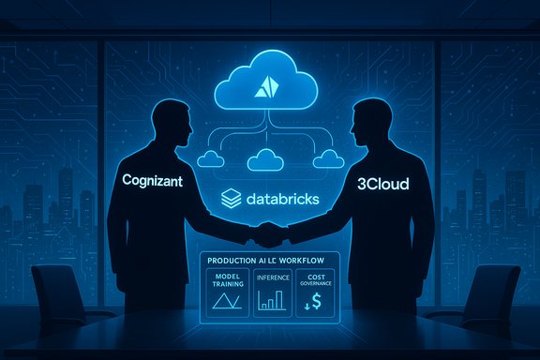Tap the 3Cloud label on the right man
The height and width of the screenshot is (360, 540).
coord(384,186)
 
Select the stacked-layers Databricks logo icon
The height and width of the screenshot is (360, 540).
coord(230,199)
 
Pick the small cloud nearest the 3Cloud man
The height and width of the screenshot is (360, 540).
coord(327,159)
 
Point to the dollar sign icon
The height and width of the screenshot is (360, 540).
coord(316,301)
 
